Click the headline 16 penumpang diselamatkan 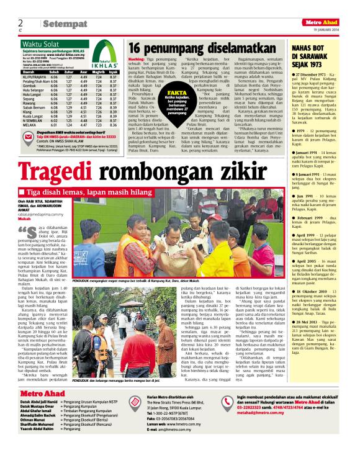[202, 48]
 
